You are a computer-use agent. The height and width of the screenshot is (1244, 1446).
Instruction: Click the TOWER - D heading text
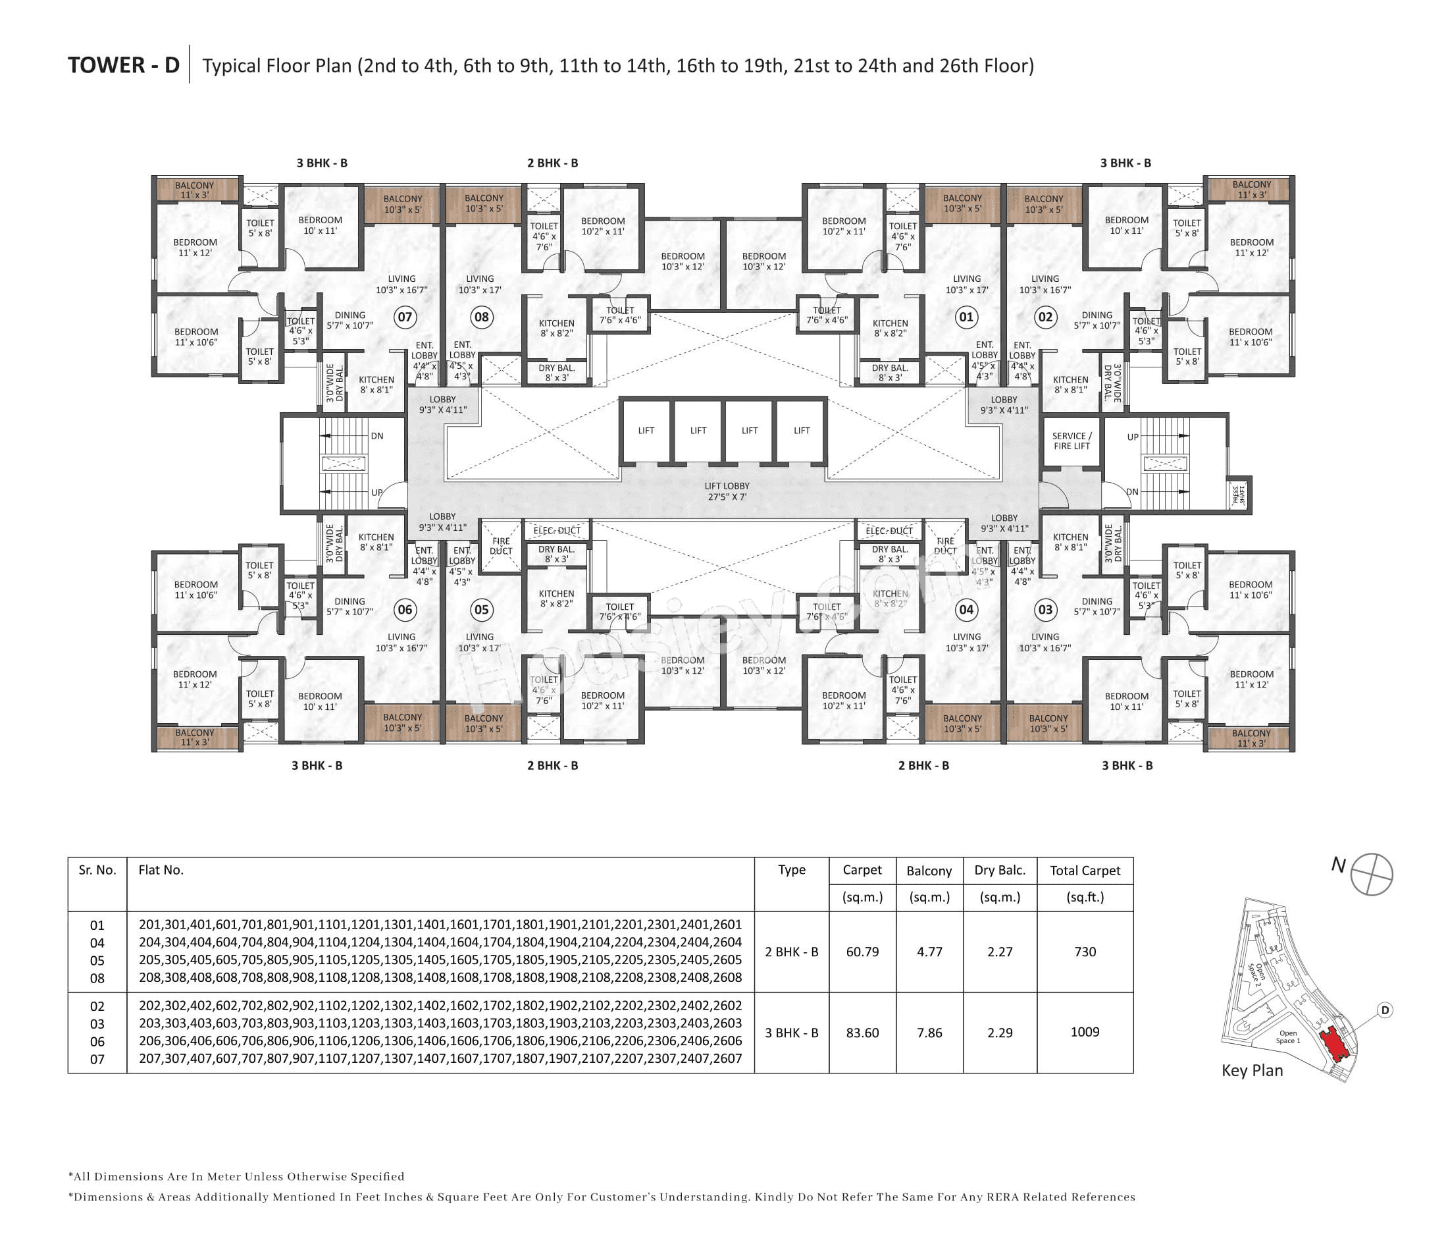pos(124,65)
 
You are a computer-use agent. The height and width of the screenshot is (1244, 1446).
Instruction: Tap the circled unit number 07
pos(405,317)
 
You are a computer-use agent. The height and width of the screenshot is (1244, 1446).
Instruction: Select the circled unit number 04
pos(966,609)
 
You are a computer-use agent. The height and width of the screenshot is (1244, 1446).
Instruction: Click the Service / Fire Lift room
pos(1072,441)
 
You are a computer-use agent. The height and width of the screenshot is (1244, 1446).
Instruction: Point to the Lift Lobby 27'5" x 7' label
pos(727,491)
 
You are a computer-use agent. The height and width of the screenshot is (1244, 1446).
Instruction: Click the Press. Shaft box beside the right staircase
pos(1239,496)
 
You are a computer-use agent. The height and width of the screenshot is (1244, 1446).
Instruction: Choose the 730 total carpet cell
pos(1085,952)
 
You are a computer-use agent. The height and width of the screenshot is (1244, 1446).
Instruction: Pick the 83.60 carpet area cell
pos(862,1033)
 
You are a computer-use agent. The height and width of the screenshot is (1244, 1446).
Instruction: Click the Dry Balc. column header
pos(999,871)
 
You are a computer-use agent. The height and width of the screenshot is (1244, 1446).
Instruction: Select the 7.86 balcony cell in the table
pos(929,1033)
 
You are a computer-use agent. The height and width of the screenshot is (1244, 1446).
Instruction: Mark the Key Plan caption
pos(1252,1070)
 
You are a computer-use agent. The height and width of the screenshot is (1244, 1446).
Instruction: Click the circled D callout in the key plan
pos(1385,1010)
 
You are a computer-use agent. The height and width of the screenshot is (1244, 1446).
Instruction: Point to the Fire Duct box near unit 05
pos(500,546)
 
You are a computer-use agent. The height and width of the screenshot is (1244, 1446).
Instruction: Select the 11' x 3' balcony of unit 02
pos(1251,190)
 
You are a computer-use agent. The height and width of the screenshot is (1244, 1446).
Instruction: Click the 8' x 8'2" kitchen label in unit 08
pos(556,328)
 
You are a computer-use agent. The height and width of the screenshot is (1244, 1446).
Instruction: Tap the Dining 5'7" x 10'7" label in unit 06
pos(349,606)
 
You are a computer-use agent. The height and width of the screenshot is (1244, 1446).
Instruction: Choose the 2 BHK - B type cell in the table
pos(791,952)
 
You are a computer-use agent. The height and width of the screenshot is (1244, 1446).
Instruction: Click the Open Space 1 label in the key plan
pos(1287,1037)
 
